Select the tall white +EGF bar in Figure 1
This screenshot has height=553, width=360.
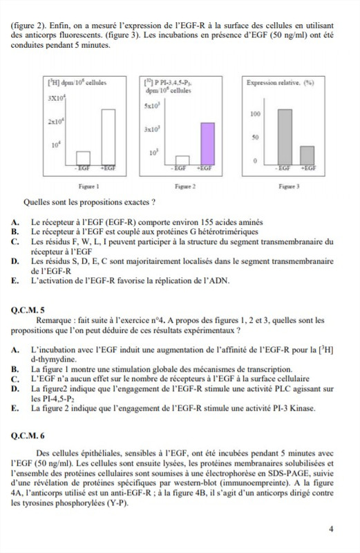pos(108,136)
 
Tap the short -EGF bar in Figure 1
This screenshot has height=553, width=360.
pos(83,157)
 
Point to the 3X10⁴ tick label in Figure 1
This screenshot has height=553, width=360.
pos(57,100)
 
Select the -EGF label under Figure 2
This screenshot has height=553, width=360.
pos(180,167)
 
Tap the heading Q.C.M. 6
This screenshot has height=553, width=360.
pos(28,436)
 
